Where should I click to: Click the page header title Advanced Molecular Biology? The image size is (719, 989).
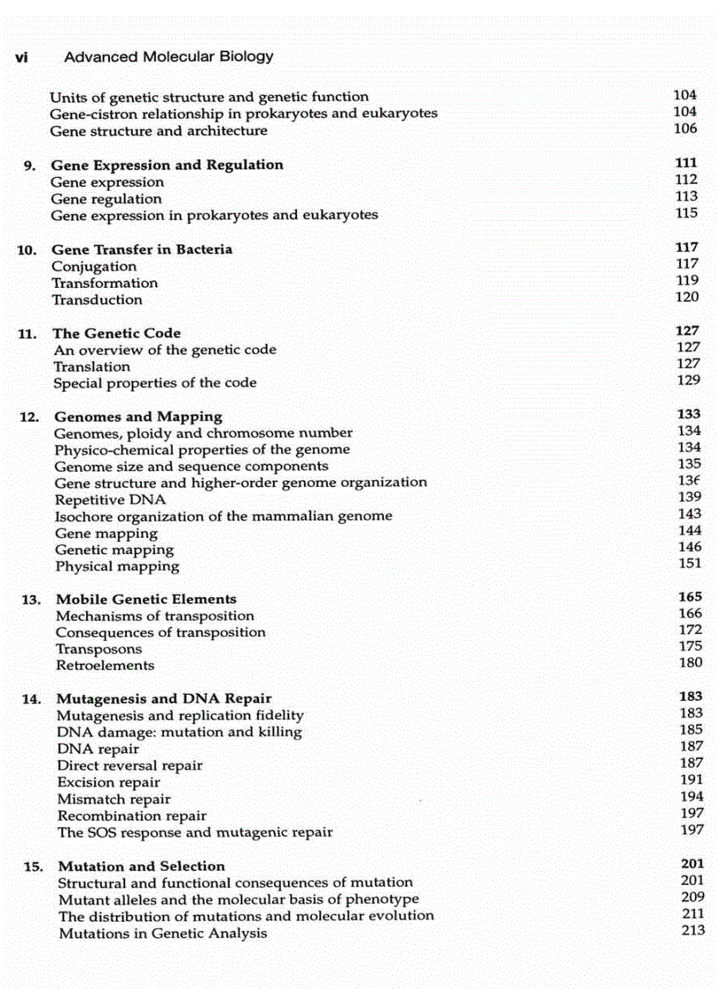pos(169,57)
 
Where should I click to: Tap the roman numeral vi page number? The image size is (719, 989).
pos(24,57)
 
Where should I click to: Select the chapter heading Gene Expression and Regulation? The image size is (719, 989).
pos(167,165)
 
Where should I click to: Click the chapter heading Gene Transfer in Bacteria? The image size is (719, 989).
pos(142,249)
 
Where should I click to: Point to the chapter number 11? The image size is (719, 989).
pos(27,334)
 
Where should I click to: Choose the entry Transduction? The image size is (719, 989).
pos(97,299)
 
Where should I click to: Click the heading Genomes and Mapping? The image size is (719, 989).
pos(138,417)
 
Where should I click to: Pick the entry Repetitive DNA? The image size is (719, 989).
pos(110,499)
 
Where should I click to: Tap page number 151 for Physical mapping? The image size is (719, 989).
pos(691,564)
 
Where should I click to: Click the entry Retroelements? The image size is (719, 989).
pos(105,666)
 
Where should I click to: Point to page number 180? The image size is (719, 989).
pos(691,662)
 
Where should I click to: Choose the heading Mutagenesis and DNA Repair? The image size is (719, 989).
pos(164,699)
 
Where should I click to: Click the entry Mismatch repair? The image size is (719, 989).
pos(115,799)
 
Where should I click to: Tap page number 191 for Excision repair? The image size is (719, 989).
pos(692,779)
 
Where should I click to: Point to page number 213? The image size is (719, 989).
pos(693,930)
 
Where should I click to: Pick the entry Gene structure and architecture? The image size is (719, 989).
pos(159,130)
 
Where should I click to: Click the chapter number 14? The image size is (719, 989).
pos(33,699)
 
